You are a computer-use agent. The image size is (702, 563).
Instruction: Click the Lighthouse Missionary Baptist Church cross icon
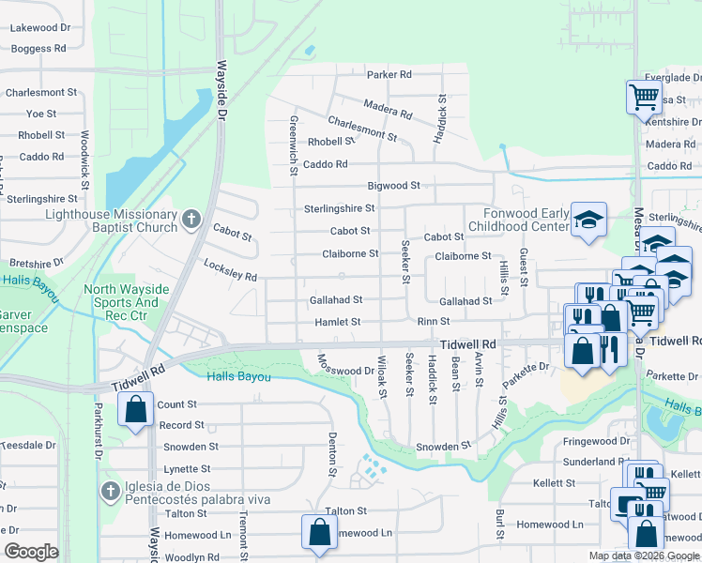click(x=191, y=220)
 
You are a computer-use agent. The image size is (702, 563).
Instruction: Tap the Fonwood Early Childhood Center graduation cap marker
click(x=588, y=221)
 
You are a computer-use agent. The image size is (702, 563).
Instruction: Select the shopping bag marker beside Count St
click(x=136, y=409)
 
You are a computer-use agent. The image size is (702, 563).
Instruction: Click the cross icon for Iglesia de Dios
click(x=111, y=491)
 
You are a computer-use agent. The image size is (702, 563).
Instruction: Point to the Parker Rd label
click(x=389, y=74)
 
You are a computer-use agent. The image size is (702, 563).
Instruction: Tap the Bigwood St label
click(x=393, y=187)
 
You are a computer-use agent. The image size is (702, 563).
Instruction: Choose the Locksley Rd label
click(x=230, y=270)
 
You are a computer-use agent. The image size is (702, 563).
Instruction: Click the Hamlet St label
click(x=335, y=322)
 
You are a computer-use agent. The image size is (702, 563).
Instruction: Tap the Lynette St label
click(x=187, y=469)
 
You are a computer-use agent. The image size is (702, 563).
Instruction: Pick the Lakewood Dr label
click(x=40, y=28)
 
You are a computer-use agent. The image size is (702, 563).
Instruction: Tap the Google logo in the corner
click(x=32, y=551)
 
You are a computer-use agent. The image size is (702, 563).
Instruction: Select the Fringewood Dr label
click(x=596, y=441)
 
